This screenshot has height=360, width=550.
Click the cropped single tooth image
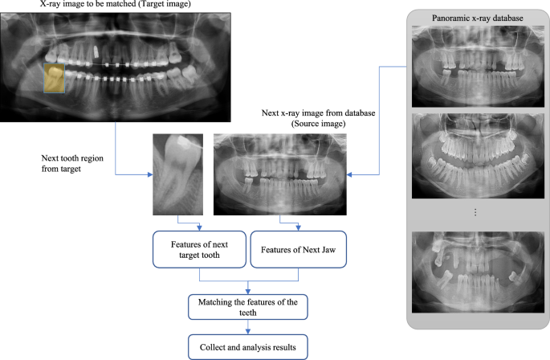tap(175, 174)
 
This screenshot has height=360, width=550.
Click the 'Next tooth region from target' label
tap(74, 165)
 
